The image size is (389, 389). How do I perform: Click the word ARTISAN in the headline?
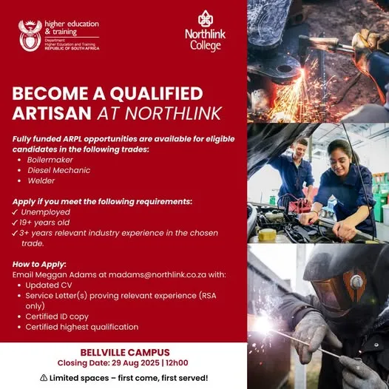(x=53, y=112)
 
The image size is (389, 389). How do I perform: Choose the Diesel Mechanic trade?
(x=58, y=170)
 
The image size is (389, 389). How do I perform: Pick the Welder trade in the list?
(x=41, y=180)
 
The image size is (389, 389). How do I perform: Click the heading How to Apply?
(x=39, y=263)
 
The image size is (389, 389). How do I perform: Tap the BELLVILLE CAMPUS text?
(x=124, y=352)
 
